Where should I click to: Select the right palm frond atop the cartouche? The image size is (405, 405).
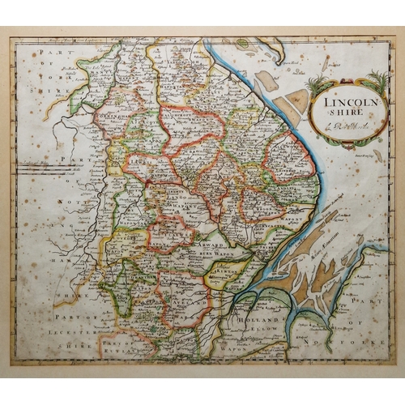coord(375,82)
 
